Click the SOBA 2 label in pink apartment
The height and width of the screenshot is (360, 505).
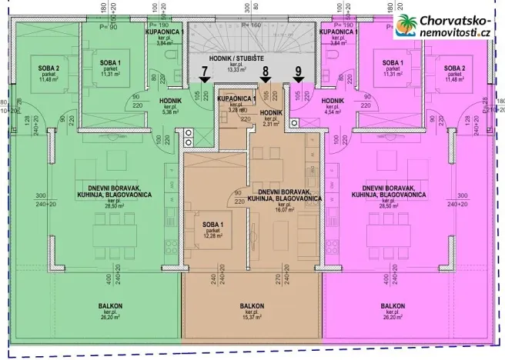(x=460, y=68)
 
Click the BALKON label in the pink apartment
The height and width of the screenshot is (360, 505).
(x=393, y=305)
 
